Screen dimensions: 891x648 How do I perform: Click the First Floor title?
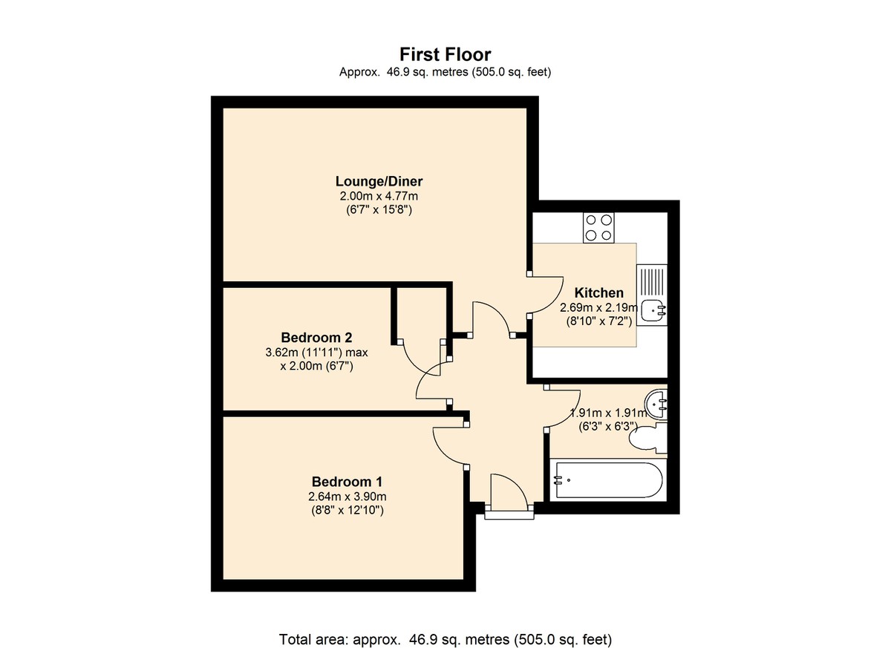[445, 54]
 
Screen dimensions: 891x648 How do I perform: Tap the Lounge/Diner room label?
[379, 181]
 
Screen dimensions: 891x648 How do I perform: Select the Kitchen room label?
[598, 293]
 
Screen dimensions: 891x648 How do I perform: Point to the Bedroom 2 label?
[316, 338]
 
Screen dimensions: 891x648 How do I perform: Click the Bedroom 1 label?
[347, 482]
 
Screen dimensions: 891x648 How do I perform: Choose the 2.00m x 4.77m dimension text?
[379, 196]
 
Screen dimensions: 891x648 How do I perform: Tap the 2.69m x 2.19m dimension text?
[599, 307]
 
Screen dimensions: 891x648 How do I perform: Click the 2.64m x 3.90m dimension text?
[347, 497]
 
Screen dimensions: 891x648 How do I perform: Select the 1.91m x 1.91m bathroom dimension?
[609, 413]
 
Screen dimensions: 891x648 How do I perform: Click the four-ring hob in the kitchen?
[598, 228]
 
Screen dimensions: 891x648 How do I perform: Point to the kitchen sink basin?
[653, 310]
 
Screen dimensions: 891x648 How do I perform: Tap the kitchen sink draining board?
[652, 281]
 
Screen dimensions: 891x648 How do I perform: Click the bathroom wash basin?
[656, 405]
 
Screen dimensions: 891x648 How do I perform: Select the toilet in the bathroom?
[647, 438]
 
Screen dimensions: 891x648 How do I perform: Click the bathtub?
[608, 480]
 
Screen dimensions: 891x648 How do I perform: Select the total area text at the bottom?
[445, 628]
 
